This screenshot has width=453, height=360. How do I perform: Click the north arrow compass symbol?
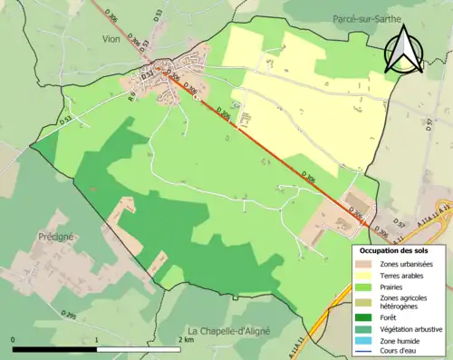[404, 51]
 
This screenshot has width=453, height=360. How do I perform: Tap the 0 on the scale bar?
[14, 340]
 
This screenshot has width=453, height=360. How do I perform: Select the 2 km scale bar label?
[186, 340]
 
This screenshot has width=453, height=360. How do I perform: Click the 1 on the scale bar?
[97, 340]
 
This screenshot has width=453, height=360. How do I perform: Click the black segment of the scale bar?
[55, 348]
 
